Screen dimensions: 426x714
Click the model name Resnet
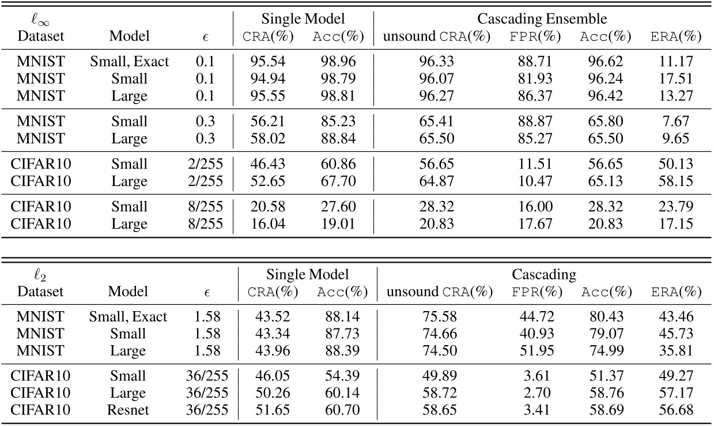click(128, 410)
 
